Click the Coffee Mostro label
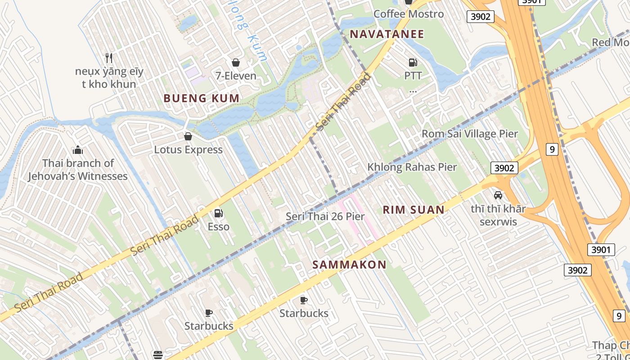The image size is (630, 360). click(409, 14)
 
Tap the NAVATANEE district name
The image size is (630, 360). click(387, 34)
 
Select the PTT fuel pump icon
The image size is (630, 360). click(413, 63)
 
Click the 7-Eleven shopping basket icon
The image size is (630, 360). click(235, 63)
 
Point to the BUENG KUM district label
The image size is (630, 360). click(201, 98)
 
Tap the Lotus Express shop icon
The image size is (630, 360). click(188, 136)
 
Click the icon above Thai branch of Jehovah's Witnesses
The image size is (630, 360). click(78, 150)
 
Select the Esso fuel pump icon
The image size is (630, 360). click(219, 213)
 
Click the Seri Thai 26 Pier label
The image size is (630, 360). click(325, 216)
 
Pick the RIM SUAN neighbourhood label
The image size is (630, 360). click(413, 209)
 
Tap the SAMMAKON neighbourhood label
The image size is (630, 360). click(349, 265)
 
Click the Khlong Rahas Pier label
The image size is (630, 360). click(412, 167)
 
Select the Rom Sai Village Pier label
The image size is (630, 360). click(469, 134)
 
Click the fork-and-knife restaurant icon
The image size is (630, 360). click(108, 58)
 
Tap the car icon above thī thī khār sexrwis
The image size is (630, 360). click(498, 195)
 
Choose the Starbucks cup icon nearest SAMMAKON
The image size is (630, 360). click(304, 300)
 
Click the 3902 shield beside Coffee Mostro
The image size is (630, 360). click(480, 17)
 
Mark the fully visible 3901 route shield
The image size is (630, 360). click(601, 249)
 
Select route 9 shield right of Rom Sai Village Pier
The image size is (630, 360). click(552, 149)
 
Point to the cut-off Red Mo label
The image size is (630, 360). click(611, 42)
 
